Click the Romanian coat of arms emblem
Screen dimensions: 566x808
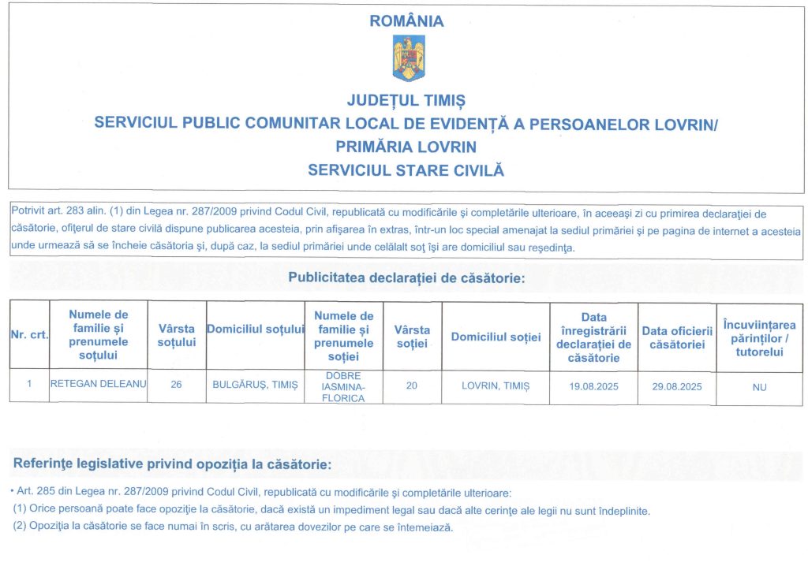click(x=408, y=58)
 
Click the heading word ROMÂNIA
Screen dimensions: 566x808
click(x=406, y=21)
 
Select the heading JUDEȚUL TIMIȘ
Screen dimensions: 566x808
click(x=406, y=101)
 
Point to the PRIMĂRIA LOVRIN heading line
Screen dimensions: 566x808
click(x=406, y=147)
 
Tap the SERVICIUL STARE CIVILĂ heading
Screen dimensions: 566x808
click(x=406, y=169)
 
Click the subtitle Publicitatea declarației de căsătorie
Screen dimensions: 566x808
click(x=406, y=277)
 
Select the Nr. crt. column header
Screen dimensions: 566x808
click(x=29, y=335)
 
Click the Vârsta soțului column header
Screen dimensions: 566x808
click(x=177, y=335)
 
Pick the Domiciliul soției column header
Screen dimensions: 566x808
click(x=496, y=337)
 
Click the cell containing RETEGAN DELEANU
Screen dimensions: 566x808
click(x=98, y=385)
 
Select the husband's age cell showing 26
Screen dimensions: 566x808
click(x=177, y=386)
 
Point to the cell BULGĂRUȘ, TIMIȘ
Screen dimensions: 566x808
click(x=255, y=386)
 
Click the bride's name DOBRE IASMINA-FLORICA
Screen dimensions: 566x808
click(x=344, y=387)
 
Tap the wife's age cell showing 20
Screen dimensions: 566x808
click(x=412, y=386)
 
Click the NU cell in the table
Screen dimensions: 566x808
click(x=760, y=387)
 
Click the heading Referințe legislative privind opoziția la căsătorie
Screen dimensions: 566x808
click(x=173, y=464)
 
